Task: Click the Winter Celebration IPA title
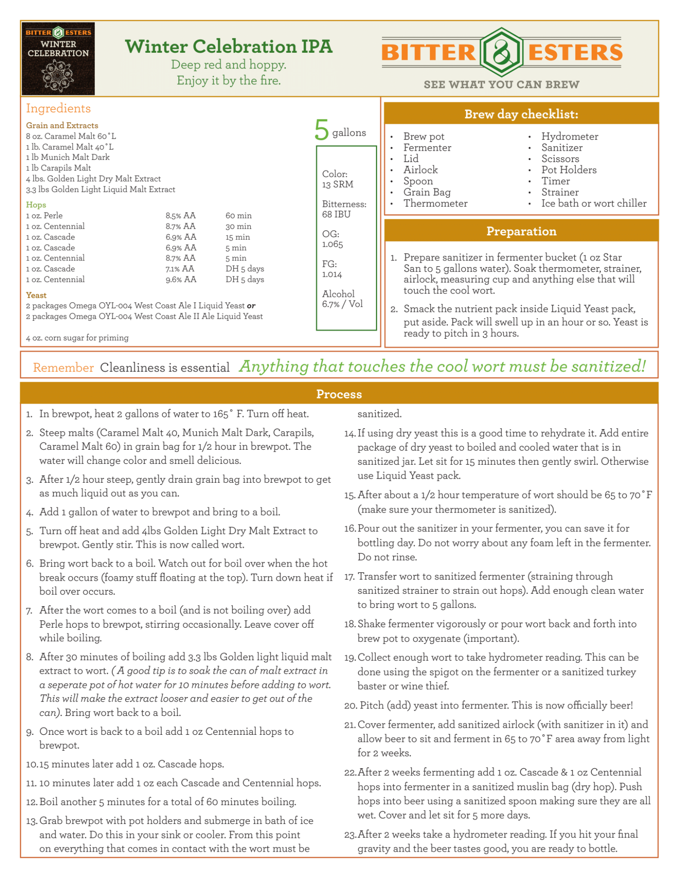click(x=228, y=47)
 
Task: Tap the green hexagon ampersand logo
click(x=501, y=52)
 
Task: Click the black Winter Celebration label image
click(x=58, y=58)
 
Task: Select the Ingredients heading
click(x=58, y=108)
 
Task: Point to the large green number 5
click(x=321, y=130)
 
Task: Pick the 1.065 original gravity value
click(x=332, y=244)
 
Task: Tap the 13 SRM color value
click(x=337, y=184)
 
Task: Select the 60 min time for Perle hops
click(x=238, y=216)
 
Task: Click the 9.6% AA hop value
click(x=181, y=279)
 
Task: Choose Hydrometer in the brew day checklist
click(x=569, y=137)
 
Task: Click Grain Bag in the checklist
click(x=427, y=192)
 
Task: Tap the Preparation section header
click(x=521, y=231)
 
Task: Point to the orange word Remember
click(x=63, y=367)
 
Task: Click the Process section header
click(x=339, y=394)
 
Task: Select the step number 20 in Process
click(x=350, y=705)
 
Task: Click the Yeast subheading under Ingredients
click(x=36, y=295)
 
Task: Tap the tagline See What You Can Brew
click(x=501, y=84)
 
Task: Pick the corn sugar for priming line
click(x=77, y=338)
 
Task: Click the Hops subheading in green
click(x=36, y=205)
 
